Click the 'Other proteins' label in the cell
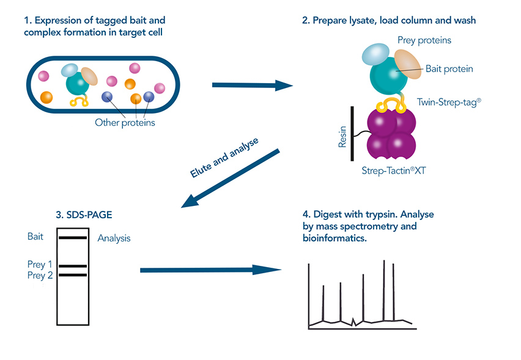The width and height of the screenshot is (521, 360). coord(125,122)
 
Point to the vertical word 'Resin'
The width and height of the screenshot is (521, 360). coord(342,137)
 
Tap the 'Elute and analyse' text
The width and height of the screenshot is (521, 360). coord(224,158)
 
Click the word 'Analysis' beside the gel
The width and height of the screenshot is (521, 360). coord(114,238)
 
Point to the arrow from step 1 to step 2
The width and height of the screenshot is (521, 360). coord(253,85)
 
